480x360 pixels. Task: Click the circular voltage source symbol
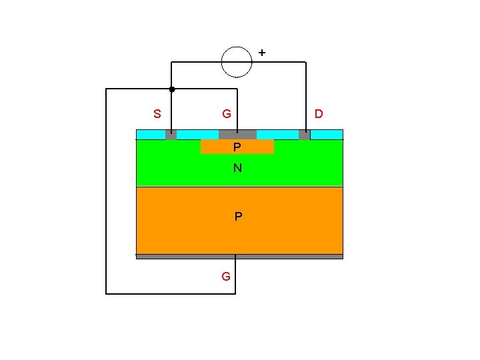[237, 62]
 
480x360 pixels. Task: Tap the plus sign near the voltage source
[261, 52]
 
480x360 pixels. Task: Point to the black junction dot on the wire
[171, 89]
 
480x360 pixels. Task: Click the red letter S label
[157, 114]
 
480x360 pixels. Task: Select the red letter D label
[319, 114]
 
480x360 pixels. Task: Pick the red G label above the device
[227, 114]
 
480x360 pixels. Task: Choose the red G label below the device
[226, 276]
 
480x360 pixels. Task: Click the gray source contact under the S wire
[171, 135]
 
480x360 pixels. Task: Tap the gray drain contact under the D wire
[305, 135]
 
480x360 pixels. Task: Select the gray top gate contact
[237, 135]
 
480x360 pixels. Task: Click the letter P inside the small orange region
[237, 147]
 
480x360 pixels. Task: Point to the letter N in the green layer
[237, 169]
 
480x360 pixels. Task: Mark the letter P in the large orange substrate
[238, 217]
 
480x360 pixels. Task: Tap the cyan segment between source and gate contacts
[197, 135]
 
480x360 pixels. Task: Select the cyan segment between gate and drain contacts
[277, 135]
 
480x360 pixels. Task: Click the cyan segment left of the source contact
[151, 135]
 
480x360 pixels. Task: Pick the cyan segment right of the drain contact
[327, 135]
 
